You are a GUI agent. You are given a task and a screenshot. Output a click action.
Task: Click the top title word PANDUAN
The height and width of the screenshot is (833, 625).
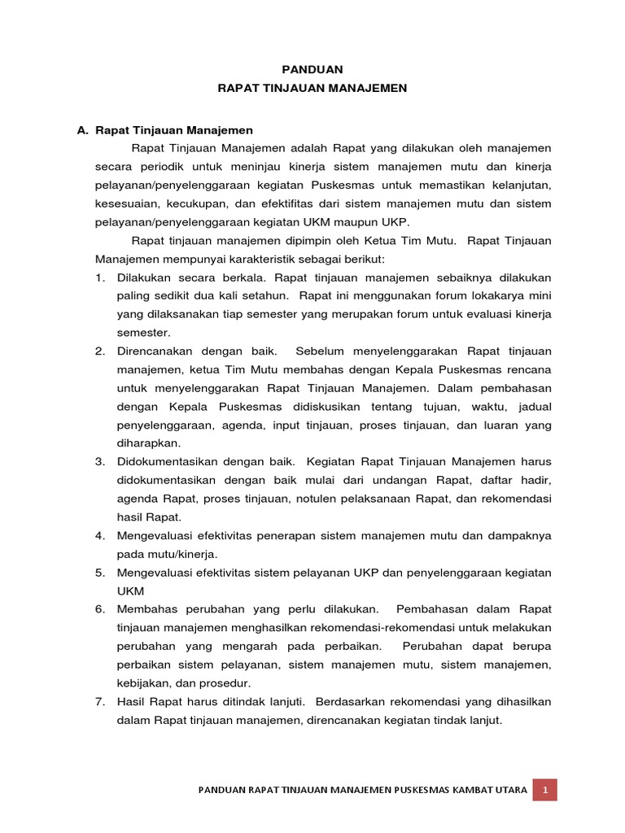pos(312,70)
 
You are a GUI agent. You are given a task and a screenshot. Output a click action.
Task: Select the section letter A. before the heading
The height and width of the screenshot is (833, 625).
pos(81,129)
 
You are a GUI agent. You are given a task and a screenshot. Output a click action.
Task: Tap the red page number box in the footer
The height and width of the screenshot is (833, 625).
pos(545,789)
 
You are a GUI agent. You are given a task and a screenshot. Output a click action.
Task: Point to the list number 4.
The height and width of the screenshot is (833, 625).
pos(100,535)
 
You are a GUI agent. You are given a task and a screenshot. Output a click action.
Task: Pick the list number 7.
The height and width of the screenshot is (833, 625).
pos(100,701)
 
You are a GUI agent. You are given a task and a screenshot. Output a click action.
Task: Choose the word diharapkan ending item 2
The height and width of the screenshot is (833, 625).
pos(149,443)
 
